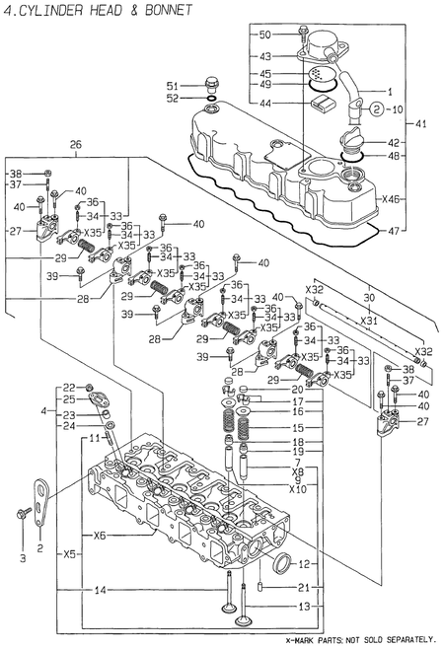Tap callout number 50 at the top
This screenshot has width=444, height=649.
(x=264, y=35)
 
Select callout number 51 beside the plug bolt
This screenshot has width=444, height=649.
(x=172, y=84)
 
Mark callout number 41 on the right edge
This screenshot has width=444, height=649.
(x=421, y=123)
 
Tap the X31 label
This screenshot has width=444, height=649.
(x=367, y=321)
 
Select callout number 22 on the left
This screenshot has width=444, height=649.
(x=69, y=387)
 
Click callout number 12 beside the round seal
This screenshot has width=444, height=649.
(x=304, y=564)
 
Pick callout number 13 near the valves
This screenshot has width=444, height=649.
(x=304, y=606)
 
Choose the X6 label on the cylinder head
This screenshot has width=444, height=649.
(x=99, y=536)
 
